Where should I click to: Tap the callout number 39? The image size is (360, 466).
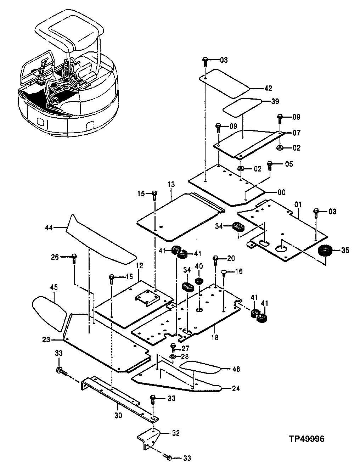pyautogui.click(x=275, y=101)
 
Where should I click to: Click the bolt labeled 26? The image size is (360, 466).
pyautogui.click(x=74, y=258)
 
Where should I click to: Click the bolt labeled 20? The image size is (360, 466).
pyautogui.click(x=215, y=260)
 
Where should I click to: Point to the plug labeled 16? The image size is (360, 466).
pyautogui.click(x=224, y=272)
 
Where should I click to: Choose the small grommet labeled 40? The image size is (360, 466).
pyautogui.click(x=199, y=281)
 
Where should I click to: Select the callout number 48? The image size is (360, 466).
pyautogui.click(x=236, y=369)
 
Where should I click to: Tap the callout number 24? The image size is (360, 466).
pyautogui.click(x=236, y=388)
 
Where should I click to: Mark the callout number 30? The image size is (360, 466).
pyautogui.click(x=118, y=415)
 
